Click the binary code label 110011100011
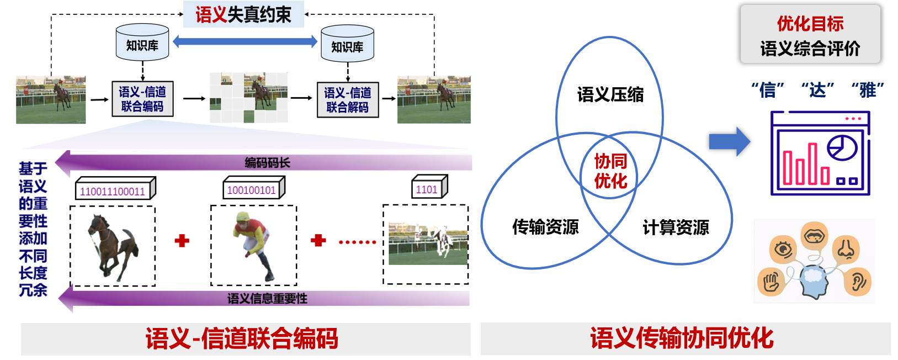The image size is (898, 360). tap(113, 191)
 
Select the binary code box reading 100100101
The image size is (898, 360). tap(252, 190)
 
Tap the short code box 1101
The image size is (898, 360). tap(427, 189)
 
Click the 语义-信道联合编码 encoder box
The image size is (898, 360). tap(142, 99)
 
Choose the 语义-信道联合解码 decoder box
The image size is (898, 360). tap(348, 100)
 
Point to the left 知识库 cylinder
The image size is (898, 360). tap(142, 43)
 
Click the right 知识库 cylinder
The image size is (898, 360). tap(347, 45)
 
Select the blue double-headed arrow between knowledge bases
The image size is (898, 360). tap(245, 41)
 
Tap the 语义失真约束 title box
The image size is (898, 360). tap(243, 15)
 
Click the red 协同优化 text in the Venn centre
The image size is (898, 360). tap(610, 171)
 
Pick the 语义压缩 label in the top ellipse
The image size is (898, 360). tap(610, 94)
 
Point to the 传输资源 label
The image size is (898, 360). tap(545, 226)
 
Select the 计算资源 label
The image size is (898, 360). tap(676, 227)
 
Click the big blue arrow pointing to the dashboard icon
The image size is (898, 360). tap(729, 141)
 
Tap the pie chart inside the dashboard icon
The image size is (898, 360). tap(842, 147)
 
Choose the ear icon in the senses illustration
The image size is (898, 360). tap(858, 282)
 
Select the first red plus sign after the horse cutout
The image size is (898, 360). tap(182, 241)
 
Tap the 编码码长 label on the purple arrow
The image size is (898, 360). tap(267, 162)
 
